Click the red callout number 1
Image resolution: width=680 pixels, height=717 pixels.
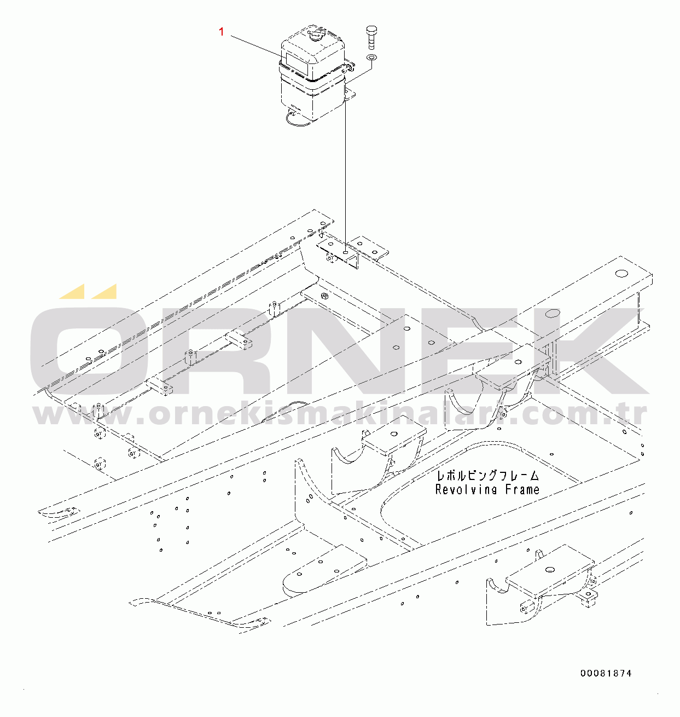click(x=222, y=32)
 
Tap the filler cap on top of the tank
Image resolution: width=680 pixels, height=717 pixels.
click(x=316, y=36)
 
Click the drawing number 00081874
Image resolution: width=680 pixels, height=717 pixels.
click(x=606, y=673)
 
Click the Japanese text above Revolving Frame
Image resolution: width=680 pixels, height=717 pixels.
click(x=486, y=476)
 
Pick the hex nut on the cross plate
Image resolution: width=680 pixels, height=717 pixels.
click(x=323, y=297)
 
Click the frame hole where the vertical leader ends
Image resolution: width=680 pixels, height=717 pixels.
click(x=346, y=253)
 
